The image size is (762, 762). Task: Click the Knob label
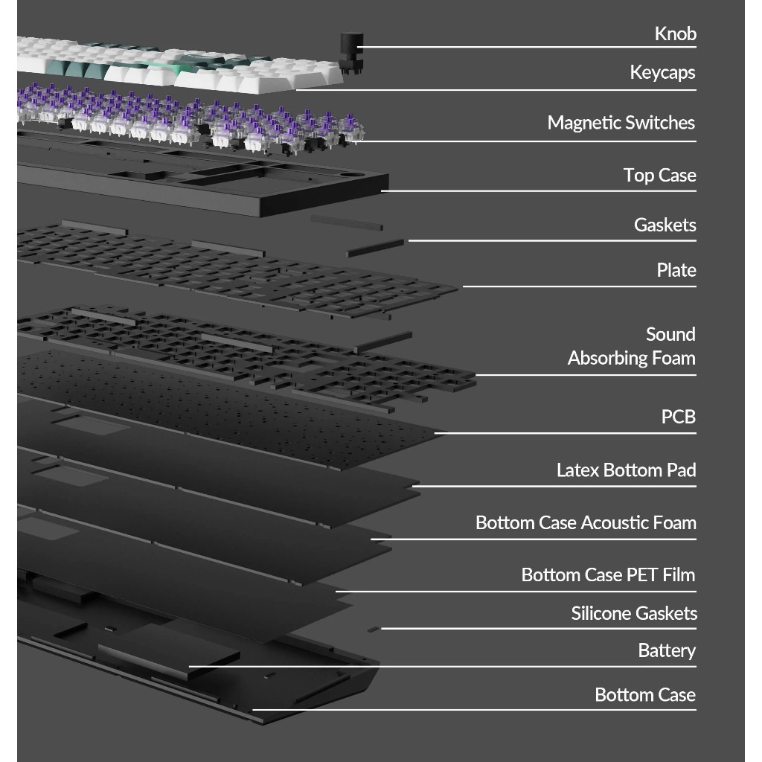tap(675, 33)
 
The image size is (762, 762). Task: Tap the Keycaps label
tap(662, 72)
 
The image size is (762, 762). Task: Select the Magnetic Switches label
tap(621, 123)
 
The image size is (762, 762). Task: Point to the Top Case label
tap(659, 175)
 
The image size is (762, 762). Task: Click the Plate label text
tap(676, 269)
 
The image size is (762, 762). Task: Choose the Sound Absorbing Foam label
tap(631, 346)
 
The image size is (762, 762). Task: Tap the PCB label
tap(679, 417)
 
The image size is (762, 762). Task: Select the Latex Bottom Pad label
tap(626, 470)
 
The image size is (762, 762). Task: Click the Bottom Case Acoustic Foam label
tap(586, 522)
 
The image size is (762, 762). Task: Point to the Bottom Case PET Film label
tap(608, 574)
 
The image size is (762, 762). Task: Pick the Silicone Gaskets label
tap(634, 613)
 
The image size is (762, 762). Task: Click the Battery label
tap(667, 650)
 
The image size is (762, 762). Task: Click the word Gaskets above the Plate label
tap(665, 225)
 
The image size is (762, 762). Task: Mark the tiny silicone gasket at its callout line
tap(374, 629)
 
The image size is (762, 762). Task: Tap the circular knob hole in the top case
tap(354, 173)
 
